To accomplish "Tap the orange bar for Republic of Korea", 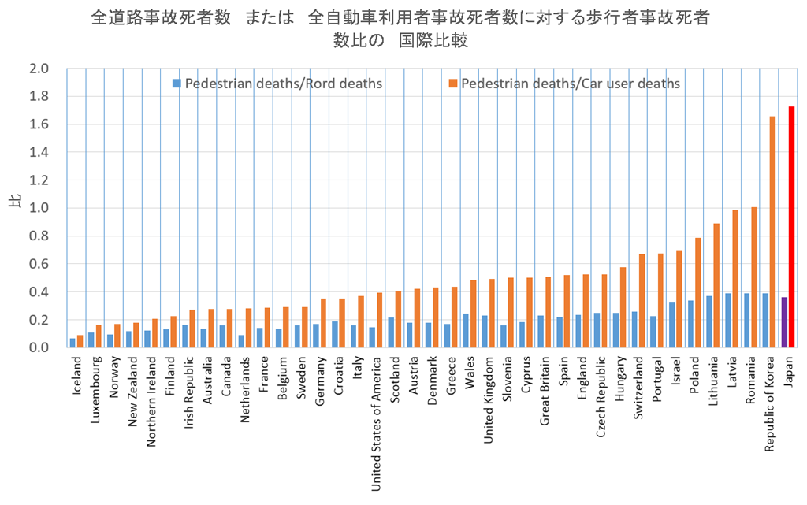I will pos(773,232).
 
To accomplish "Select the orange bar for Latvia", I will pos(735,279).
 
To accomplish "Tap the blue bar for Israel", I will pos(671,325).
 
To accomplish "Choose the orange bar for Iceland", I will pos(80,341).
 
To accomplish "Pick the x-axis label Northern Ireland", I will pos(152,393).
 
